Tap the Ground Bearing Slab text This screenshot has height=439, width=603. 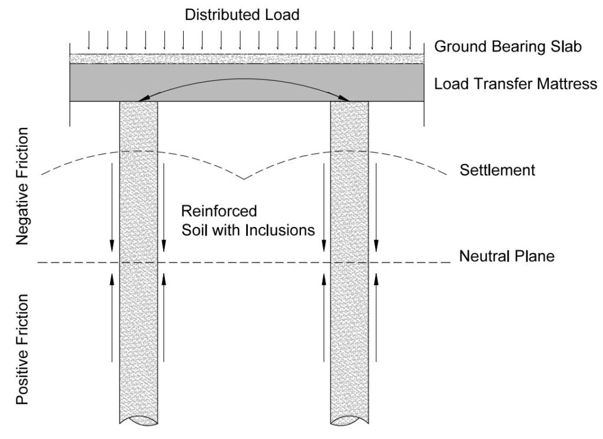508,47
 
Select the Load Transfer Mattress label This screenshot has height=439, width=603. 515,84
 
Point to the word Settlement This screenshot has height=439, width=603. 497,171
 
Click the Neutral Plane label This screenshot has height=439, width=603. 506,257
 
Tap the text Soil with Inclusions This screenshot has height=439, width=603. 248,230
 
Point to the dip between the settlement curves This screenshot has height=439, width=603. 243,178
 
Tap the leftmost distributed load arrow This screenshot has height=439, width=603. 88,40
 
